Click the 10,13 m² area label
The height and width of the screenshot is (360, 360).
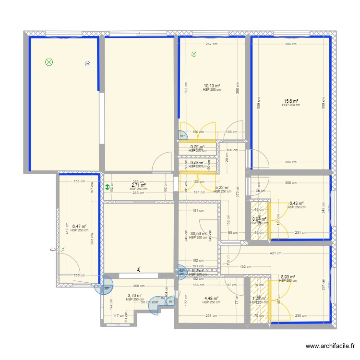(x=212, y=86)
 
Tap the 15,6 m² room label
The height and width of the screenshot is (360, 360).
(x=291, y=101)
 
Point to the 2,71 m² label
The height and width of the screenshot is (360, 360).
(x=138, y=185)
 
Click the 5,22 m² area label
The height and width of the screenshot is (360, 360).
(x=222, y=188)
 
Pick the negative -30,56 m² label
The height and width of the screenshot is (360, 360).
(x=198, y=234)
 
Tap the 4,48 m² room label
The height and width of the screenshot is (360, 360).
(x=211, y=299)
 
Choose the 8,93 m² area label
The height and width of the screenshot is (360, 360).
(x=288, y=277)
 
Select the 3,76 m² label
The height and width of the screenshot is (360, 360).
(x=135, y=296)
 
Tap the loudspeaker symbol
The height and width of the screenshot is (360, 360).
(x=138, y=270)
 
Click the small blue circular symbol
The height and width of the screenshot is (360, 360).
(x=87, y=63)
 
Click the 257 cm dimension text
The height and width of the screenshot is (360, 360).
(x=212, y=44)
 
